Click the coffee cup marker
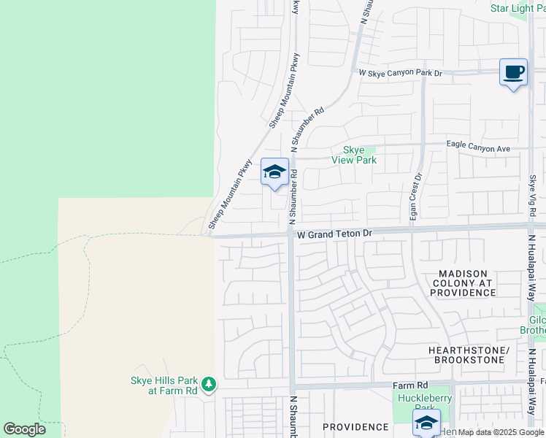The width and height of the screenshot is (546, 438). coord(514,72)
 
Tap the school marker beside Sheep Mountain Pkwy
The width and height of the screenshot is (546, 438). coord(274,172)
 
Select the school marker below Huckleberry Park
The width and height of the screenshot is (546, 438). coord(426,423)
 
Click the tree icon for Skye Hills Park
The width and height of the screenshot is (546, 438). coord(209,383)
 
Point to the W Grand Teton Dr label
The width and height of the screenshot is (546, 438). coord(334,234)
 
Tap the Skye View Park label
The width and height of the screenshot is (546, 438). coord(354,155)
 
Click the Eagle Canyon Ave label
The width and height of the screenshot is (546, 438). coord(478,148)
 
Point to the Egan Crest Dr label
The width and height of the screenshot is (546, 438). coord(418,196)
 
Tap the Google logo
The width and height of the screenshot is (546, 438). coord(24,429)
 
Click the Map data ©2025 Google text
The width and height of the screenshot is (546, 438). coord(501,432)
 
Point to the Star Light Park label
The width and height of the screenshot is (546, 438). coord(518,9)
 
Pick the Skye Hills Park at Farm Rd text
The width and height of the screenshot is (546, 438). coord(164,385)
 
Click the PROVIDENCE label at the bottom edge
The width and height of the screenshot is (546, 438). coord(355,427)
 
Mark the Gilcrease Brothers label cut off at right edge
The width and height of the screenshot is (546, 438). coord(537,325)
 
